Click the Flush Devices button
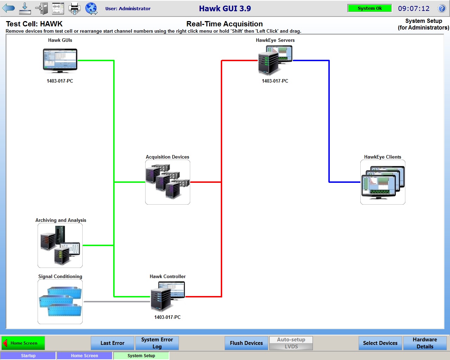coord(246,343)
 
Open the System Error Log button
coord(157,343)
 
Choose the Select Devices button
coord(380,343)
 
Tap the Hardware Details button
coord(425,343)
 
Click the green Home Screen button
coord(23,343)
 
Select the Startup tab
coord(28,356)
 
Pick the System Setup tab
coord(141,356)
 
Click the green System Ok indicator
coord(369,8)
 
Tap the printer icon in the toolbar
coord(74,8)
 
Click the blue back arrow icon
coord(8,8)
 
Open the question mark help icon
coord(442,8)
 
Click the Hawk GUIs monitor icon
coord(60,60)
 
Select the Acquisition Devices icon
coord(168,182)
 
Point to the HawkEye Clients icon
coord(383,182)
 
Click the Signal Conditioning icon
coord(60,302)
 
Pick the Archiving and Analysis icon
coord(60,245)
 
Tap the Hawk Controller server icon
coord(167,297)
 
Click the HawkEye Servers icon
coord(275,60)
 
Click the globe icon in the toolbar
coord(91,8)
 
